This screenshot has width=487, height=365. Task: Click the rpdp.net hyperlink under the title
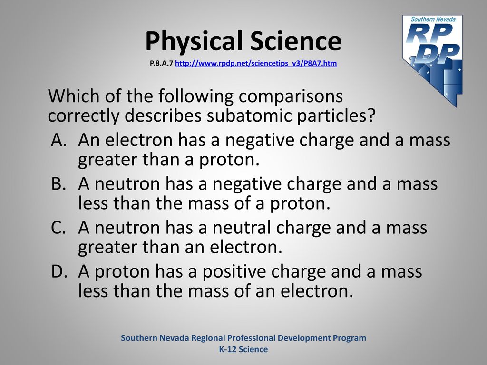pos(256,63)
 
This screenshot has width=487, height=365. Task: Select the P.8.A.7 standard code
pos(161,63)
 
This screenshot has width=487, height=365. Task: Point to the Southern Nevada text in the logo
pos(433,19)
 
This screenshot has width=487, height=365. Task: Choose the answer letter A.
pos(58,140)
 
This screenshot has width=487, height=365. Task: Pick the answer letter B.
pos(58,183)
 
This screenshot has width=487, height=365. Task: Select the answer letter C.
pos(58,227)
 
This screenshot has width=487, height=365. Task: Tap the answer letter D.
pos(59,271)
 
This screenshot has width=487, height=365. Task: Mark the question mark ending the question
pos(371,115)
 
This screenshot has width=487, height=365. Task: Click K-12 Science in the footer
pos(243,349)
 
